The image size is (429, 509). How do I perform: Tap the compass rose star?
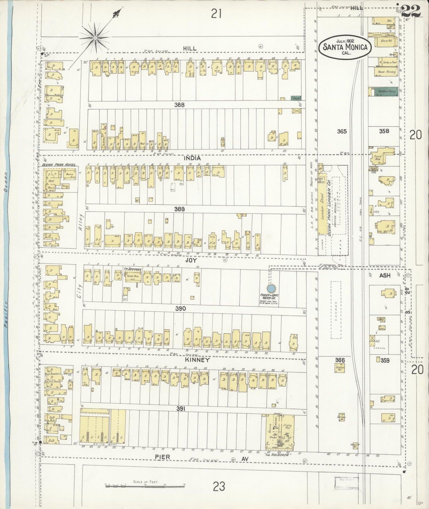pos(95,38)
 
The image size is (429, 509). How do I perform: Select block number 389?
pos(180,209)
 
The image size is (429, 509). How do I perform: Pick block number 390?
pos(181,309)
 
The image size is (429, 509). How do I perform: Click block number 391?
pos(181,409)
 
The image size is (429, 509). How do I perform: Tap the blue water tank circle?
pos(270,288)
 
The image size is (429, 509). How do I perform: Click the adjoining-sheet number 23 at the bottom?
pos(219,487)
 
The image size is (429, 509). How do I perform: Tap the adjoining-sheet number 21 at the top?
pos(217,13)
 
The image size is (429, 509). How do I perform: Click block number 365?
pos(342,131)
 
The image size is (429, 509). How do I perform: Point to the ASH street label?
pos(385,275)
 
